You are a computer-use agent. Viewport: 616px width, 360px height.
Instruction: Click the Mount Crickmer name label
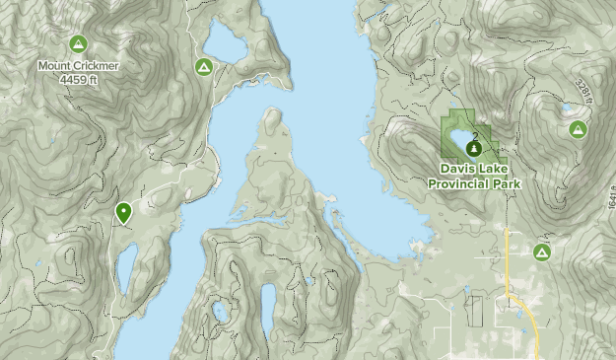pos(79,66)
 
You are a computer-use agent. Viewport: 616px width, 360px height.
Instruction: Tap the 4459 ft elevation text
pos(79,78)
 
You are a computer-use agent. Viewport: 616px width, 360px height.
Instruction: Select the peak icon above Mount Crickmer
pos(79,44)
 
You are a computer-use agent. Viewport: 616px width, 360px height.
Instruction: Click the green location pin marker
pos(124,211)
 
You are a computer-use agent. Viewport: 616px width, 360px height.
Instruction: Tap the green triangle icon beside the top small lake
pos(203,67)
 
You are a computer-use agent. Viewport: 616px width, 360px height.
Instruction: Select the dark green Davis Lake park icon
pos(474,148)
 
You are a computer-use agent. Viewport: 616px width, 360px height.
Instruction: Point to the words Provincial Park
pos(474,182)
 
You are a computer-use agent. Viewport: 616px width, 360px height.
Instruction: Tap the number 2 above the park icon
pos(475,135)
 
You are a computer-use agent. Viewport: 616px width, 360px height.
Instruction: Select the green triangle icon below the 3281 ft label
pos(577,129)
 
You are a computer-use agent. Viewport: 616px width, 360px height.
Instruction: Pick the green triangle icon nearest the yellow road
pos(541,252)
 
